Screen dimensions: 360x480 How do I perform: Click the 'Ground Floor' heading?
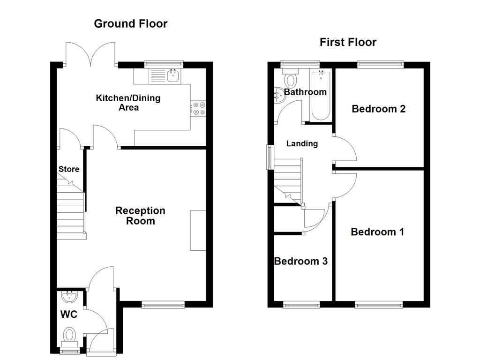pyautogui.click(x=130, y=24)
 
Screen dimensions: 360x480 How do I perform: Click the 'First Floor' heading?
pyautogui.click(x=348, y=42)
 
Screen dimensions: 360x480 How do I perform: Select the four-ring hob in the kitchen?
pyautogui.click(x=198, y=108)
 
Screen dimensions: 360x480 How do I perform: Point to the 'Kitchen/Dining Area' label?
pyautogui.click(x=128, y=103)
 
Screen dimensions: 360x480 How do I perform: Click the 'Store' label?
pyautogui.click(x=69, y=169)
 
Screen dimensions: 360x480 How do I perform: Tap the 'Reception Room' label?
pyautogui.click(x=140, y=216)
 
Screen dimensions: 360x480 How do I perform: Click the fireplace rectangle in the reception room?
pyautogui.click(x=197, y=231)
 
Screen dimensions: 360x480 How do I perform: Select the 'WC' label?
pyautogui.click(x=68, y=315)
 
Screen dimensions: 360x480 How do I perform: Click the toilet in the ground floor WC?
pyautogui.click(x=69, y=336)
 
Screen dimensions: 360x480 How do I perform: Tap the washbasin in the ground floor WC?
pyautogui.click(x=69, y=297)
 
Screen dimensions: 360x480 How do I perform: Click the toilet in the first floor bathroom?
pyautogui.click(x=291, y=80)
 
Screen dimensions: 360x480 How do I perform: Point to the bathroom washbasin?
pyautogui.click(x=278, y=95)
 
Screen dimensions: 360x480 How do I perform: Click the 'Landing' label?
pyautogui.click(x=302, y=144)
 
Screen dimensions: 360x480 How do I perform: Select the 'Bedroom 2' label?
pyautogui.click(x=378, y=109)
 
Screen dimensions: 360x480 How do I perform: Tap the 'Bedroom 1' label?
pyautogui.click(x=377, y=232)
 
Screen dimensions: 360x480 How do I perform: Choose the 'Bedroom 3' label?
pyautogui.click(x=300, y=261)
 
